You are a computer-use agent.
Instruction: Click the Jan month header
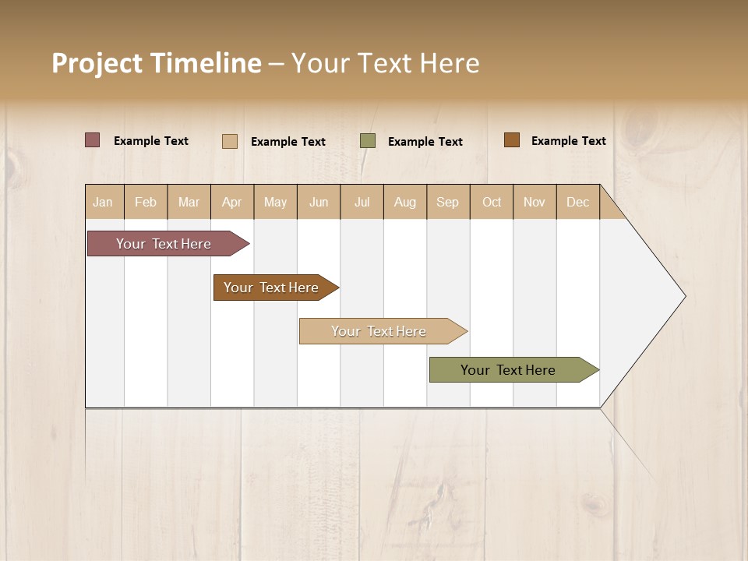(x=103, y=202)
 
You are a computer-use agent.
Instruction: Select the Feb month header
(x=146, y=202)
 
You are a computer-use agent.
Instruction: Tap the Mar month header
(x=189, y=202)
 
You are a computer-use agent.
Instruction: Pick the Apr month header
(x=232, y=202)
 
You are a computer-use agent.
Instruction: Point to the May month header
(x=275, y=202)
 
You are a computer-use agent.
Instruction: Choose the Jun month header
(x=319, y=202)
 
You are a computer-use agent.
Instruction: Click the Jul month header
(x=362, y=202)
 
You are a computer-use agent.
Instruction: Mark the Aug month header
(x=405, y=202)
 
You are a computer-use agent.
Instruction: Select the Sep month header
(x=447, y=202)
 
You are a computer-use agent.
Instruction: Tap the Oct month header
(x=492, y=202)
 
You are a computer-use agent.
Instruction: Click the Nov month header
(x=535, y=202)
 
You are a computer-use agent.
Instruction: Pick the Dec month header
(x=578, y=202)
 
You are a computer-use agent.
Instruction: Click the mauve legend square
(x=92, y=140)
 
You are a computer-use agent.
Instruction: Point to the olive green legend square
(x=368, y=140)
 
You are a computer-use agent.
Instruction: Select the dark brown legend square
(x=511, y=140)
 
